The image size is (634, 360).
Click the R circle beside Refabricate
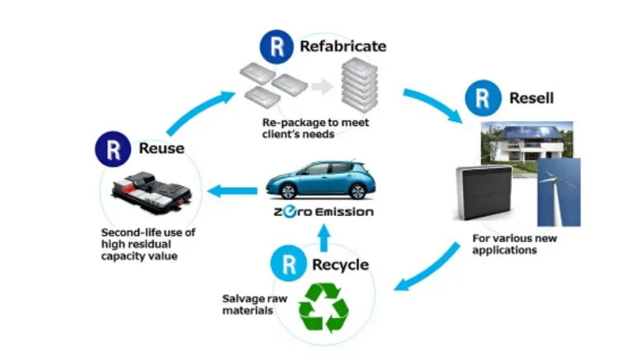pos(275,46)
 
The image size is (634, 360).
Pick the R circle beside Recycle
pos(288,265)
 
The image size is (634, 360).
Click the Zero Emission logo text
pos(322,213)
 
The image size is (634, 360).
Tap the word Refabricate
pos(343,46)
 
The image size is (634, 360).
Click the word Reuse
pos(161,149)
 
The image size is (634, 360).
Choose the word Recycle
pos(340,266)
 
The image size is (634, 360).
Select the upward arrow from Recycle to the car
pos(324,238)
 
